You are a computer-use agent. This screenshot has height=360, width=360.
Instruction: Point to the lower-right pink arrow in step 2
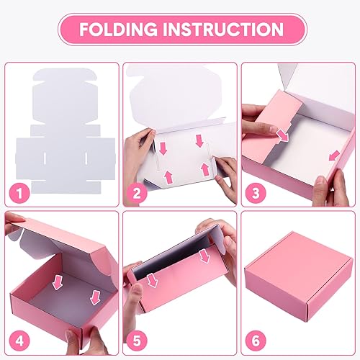point(204,170)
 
